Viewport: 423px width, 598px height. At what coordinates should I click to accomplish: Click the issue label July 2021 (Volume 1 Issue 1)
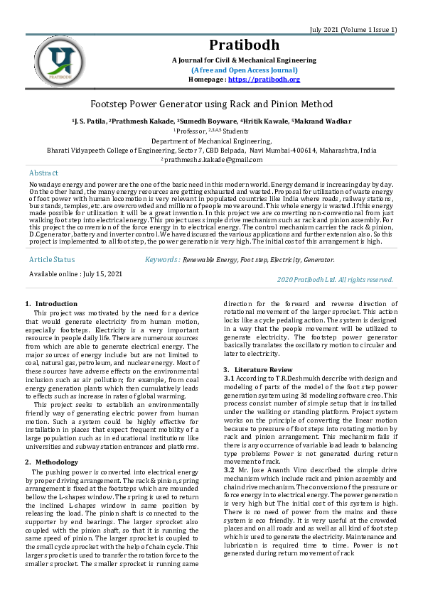(353, 29)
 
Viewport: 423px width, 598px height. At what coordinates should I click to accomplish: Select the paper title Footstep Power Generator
(211, 104)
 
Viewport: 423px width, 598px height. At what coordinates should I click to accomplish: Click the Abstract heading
(44, 173)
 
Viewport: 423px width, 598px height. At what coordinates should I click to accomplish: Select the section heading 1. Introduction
(51, 304)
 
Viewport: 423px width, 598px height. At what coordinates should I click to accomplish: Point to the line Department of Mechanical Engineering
(211, 141)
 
